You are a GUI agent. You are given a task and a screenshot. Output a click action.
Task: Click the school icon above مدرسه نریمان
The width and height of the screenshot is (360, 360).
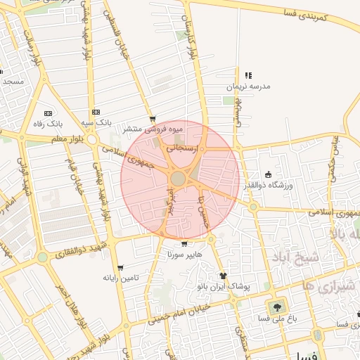(247, 75)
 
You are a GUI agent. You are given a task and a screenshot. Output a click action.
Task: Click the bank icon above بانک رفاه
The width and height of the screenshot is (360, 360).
(48, 113)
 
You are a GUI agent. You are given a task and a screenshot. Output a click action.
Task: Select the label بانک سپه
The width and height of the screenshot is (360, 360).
(96, 122)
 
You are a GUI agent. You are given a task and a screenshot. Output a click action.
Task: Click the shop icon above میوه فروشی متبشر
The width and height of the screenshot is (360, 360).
(153, 119)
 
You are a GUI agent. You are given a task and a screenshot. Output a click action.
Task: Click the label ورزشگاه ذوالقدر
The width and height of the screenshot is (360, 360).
(267, 185)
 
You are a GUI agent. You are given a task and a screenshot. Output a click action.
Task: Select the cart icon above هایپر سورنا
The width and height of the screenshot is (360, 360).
(184, 244)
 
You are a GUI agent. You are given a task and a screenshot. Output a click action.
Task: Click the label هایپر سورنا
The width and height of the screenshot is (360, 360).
(184, 255)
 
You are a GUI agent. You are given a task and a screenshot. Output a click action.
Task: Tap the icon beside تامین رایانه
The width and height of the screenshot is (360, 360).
(120, 268)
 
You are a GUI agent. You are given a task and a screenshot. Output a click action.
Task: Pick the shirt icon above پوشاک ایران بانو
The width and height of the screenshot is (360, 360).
(223, 276)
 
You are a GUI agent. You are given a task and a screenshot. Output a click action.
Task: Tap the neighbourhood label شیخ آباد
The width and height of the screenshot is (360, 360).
(298, 257)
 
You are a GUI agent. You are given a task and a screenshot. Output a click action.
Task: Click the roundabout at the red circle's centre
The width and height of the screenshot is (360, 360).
(179, 179)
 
